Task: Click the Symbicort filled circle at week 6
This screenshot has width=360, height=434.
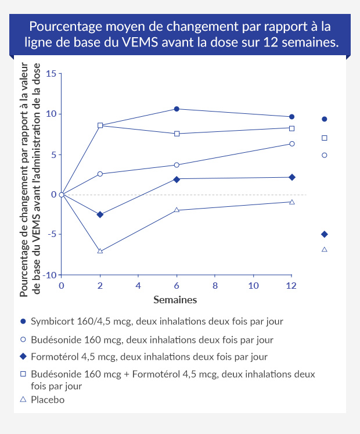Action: click(177, 109)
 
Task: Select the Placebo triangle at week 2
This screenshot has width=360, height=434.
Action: click(100, 251)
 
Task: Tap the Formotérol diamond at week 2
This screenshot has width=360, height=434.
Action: click(100, 214)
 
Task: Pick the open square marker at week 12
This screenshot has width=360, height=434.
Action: click(291, 128)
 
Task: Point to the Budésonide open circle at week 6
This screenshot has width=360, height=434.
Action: click(177, 165)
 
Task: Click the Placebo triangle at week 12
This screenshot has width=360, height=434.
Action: click(291, 202)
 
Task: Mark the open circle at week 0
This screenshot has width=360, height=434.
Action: click(62, 195)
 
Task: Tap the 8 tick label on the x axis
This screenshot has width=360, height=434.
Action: click(215, 286)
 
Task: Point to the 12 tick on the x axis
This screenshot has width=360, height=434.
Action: click(291, 286)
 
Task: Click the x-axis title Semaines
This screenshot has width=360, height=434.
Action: click(175, 300)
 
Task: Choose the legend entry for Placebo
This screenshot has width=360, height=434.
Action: click(47, 400)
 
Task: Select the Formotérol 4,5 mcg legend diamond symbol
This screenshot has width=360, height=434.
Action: click(23, 356)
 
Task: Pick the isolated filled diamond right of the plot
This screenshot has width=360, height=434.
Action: click(324, 234)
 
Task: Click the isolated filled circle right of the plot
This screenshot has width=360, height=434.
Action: click(324, 119)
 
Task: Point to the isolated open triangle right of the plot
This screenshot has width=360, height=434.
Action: click(324, 249)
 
